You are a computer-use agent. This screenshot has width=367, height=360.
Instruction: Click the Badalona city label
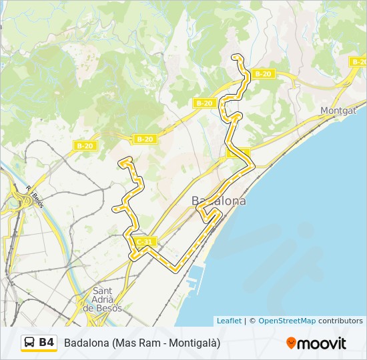[218, 201]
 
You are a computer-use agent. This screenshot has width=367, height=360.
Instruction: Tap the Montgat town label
[338, 111]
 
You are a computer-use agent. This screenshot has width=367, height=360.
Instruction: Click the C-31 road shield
[144, 241]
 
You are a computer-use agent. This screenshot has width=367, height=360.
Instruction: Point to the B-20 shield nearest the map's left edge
[85, 145]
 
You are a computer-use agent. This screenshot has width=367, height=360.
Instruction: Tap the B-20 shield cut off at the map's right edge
[358, 62]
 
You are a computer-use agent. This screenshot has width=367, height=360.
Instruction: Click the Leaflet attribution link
[229, 321]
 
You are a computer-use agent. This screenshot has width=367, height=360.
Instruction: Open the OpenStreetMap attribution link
[287, 321]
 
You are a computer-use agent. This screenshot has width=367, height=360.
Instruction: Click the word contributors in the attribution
[340, 321]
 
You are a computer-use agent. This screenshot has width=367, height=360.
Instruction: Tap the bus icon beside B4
[30, 343]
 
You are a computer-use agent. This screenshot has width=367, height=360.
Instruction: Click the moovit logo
[316, 343]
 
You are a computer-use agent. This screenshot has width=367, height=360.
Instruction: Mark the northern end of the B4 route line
[235, 57]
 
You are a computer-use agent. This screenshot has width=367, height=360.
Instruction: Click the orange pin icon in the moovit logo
[291, 343]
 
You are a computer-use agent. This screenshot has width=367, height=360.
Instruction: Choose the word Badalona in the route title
[87, 343]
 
